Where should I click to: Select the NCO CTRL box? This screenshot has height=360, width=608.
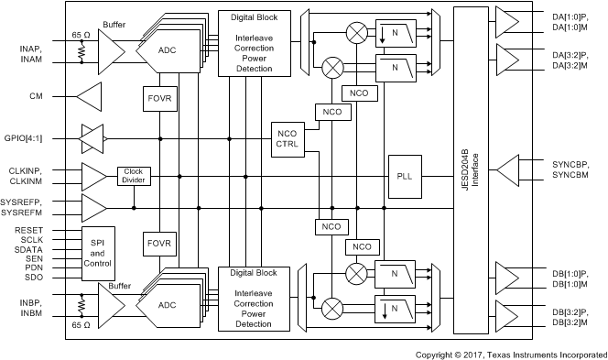(x=287, y=138)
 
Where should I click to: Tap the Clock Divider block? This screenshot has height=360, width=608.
(x=135, y=176)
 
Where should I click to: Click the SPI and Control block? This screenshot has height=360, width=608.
(x=98, y=253)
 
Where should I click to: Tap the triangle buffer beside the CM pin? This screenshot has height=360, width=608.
(x=89, y=94)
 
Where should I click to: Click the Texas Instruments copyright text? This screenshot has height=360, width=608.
(x=510, y=354)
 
